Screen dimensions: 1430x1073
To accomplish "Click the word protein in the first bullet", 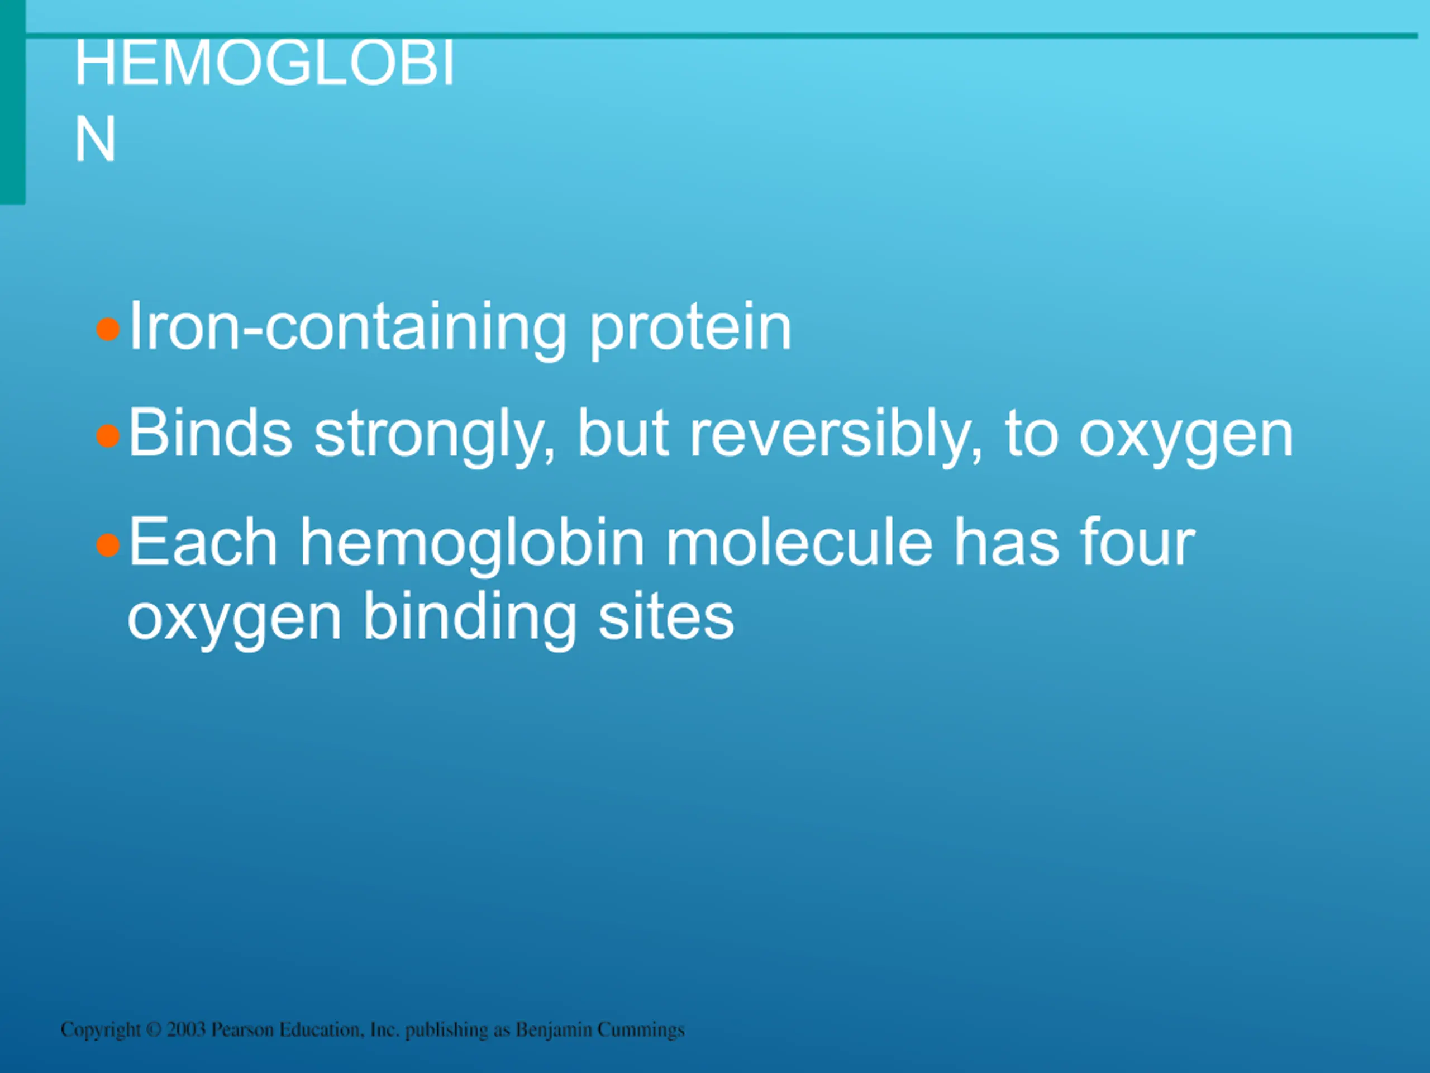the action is click(690, 329).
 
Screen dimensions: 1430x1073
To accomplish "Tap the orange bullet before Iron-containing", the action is click(108, 329).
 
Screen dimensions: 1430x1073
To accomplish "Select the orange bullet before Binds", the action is click(108, 436).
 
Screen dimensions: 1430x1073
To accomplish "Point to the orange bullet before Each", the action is click(108, 545).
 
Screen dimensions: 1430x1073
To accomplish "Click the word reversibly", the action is click(835, 435).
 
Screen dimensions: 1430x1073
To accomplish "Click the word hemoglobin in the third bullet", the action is click(472, 544).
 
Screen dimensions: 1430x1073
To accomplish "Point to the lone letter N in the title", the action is click(96, 139).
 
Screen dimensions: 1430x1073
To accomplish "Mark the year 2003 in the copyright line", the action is click(186, 1029).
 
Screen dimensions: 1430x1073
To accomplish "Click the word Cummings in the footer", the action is click(641, 1029).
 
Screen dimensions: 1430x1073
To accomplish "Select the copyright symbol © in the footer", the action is click(154, 1029).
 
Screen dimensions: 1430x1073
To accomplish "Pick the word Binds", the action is click(211, 433).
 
